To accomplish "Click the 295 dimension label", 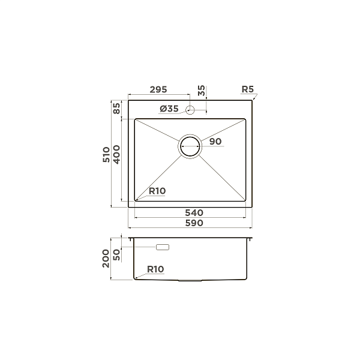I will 158,90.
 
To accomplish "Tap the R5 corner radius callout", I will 247,90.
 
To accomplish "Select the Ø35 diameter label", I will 169,109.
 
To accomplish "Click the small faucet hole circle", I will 190,109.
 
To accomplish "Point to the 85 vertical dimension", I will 116,109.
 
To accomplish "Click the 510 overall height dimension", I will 106,155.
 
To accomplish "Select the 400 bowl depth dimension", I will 117,155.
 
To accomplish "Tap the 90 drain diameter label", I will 216,142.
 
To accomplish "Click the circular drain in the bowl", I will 191,146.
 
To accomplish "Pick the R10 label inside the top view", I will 157,191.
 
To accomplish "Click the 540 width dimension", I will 193,213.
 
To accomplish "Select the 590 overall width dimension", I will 193,223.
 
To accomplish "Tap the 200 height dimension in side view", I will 106,259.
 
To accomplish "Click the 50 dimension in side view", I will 116,255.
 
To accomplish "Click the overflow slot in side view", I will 163,247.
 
